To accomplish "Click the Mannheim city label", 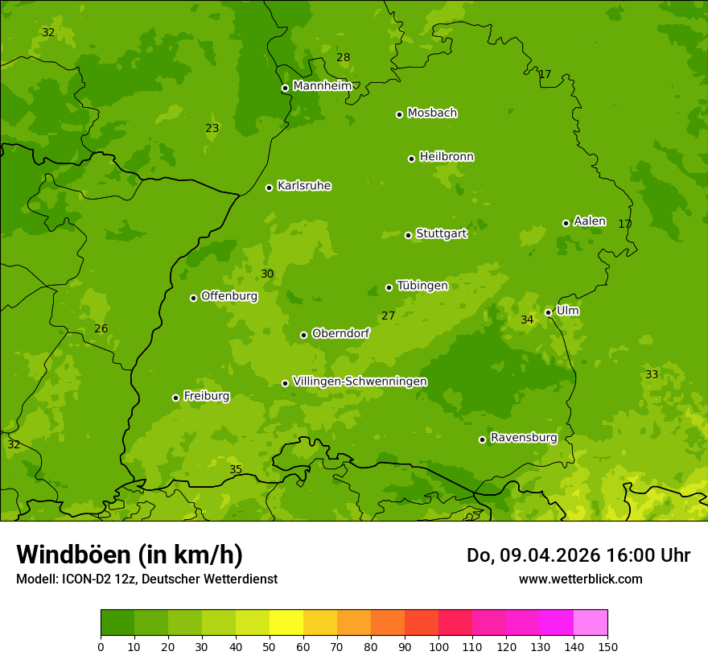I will click(322, 86).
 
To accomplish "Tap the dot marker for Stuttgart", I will click(408, 235).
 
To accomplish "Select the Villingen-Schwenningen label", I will click(360, 381).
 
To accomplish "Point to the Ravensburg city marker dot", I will click(482, 439).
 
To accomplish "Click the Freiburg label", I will click(206, 396).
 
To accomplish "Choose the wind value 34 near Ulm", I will click(527, 320).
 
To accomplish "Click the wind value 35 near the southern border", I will click(236, 469).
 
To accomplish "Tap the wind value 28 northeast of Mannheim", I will click(344, 57).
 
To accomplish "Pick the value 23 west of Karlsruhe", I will click(212, 128).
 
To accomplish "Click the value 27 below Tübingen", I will click(389, 315).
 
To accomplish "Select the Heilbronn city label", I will click(447, 157).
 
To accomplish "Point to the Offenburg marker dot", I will click(193, 298).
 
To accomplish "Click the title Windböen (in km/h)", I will click(130, 555).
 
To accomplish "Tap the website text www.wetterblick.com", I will click(580, 579).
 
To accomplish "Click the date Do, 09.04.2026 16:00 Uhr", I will click(578, 555).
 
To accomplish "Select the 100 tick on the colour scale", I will click(438, 646).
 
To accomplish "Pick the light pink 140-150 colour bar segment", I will click(591, 623).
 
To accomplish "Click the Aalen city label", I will click(590, 221).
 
